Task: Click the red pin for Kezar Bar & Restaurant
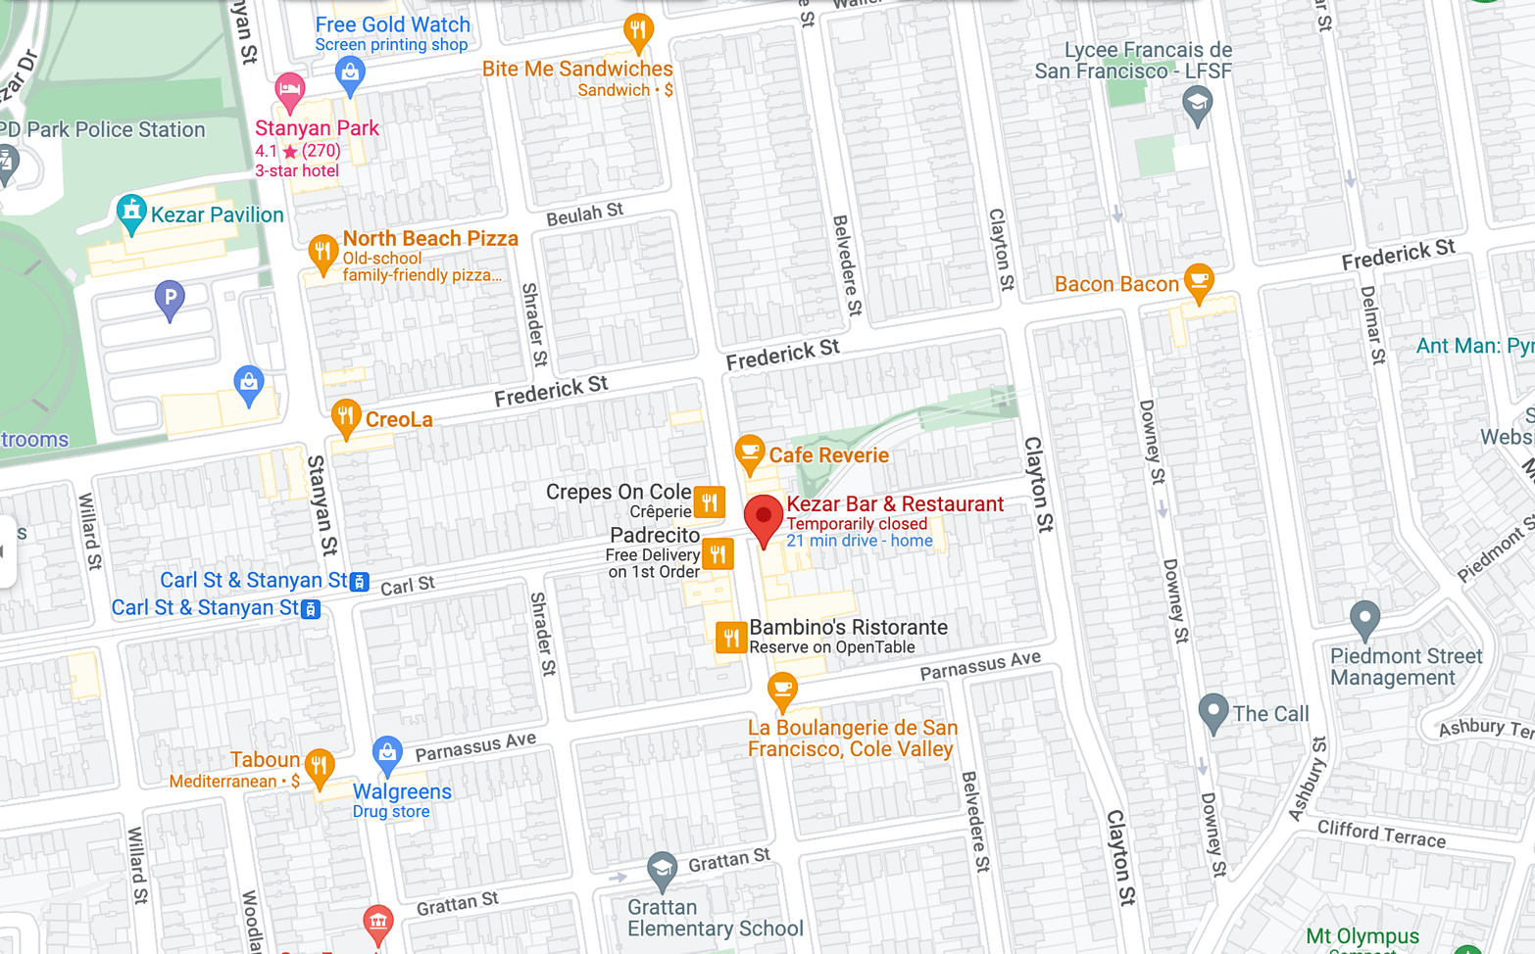(x=764, y=517)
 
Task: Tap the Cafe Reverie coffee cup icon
(x=750, y=453)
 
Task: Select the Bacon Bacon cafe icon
(x=1198, y=282)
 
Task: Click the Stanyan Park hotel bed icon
(x=289, y=91)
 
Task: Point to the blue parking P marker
(x=170, y=298)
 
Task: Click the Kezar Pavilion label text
(x=217, y=215)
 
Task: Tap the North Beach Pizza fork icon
(x=322, y=253)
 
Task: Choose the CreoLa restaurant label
(x=399, y=420)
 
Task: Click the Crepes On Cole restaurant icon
(x=710, y=502)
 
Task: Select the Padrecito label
(x=655, y=536)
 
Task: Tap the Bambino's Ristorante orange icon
(x=731, y=638)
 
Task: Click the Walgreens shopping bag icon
(x=387, y=754)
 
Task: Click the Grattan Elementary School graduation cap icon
(x=662, y=870)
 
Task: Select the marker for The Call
(x=1213, y=711)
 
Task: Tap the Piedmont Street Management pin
(x=1364, y=619)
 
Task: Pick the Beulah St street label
(x=584, y=215)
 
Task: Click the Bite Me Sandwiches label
(x=577, y=69)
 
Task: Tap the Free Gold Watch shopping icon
(x=350, y=73)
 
